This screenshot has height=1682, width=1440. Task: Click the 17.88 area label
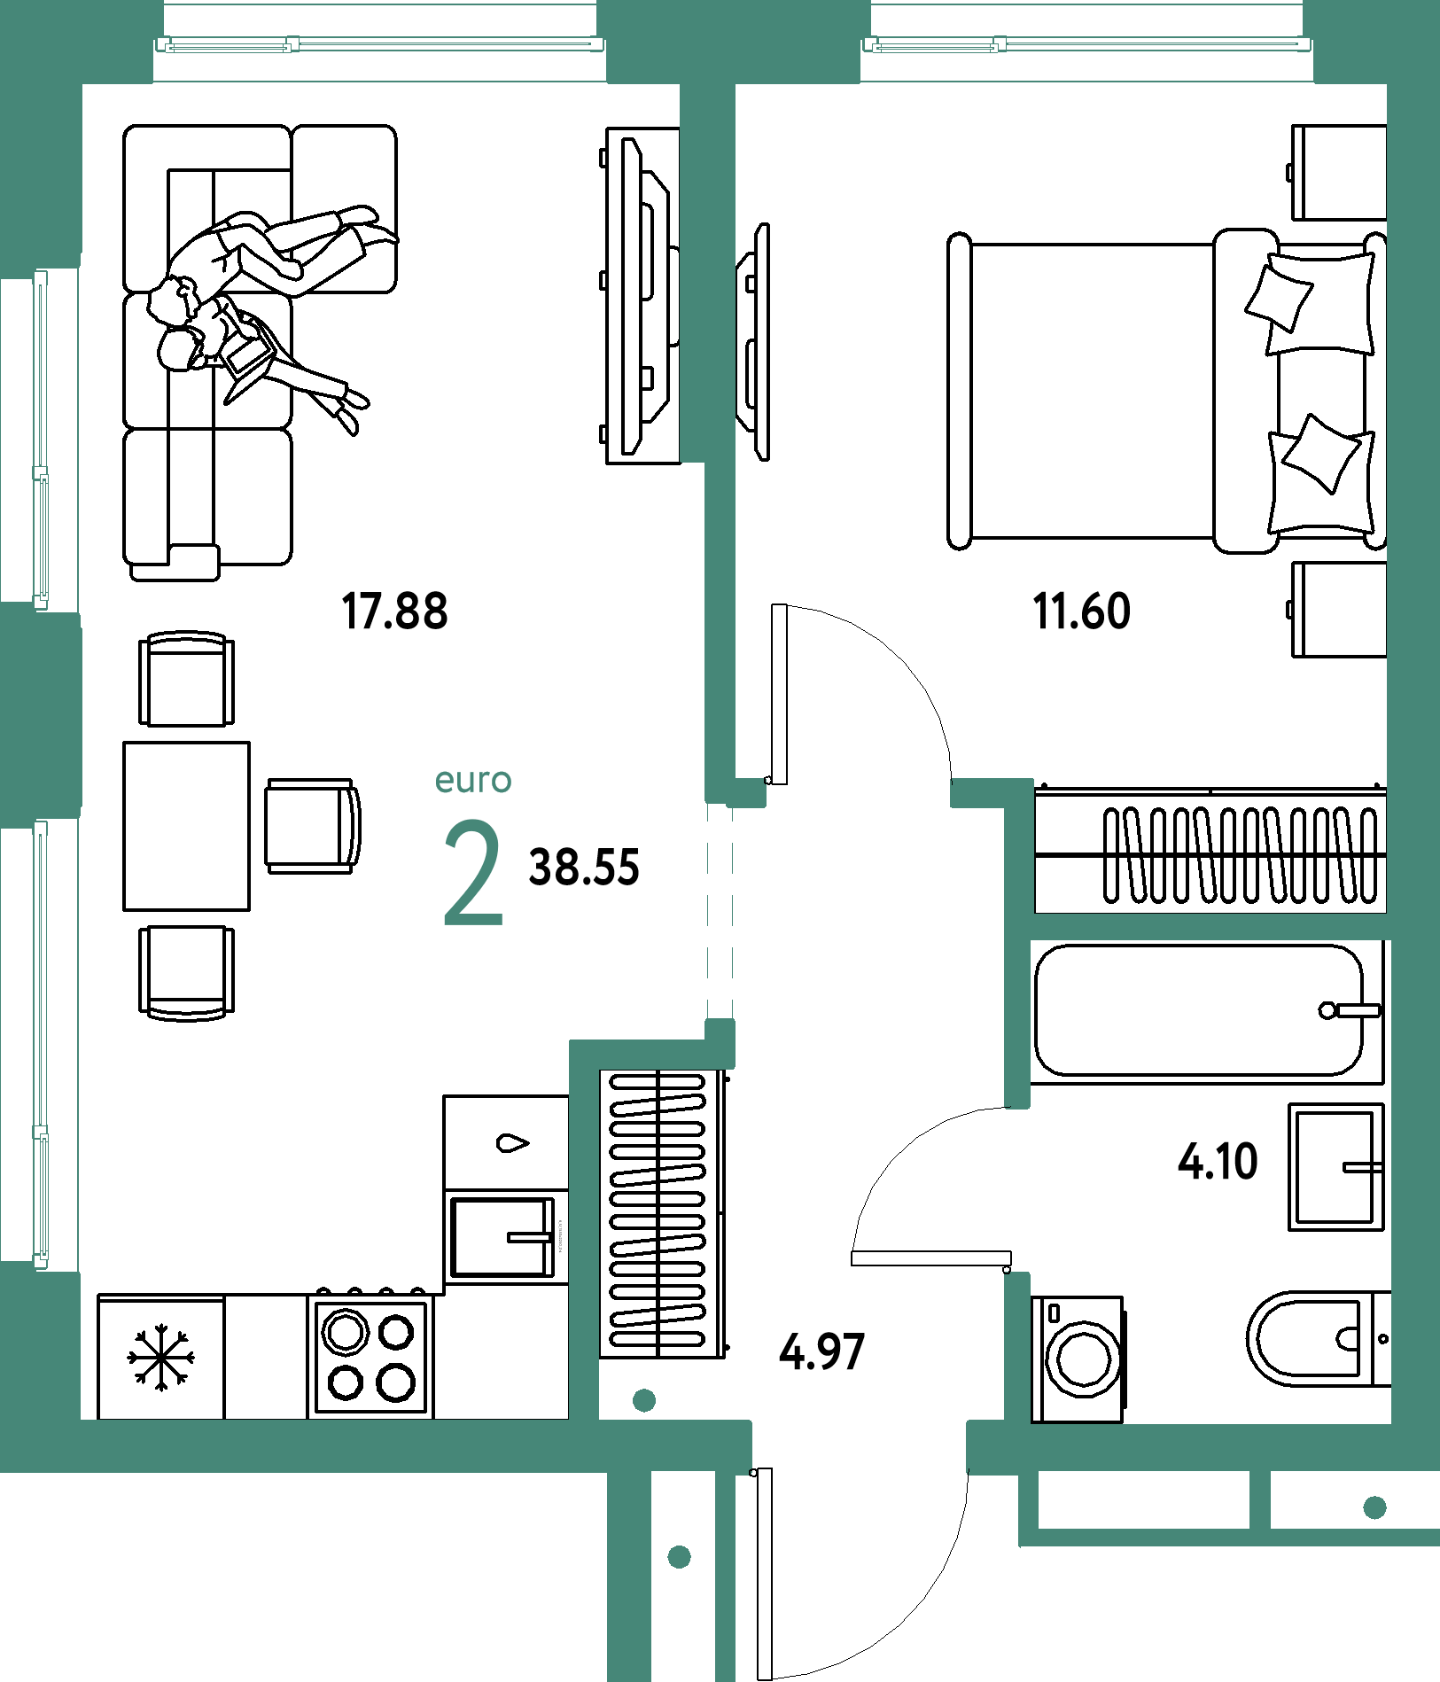tap(395, 611)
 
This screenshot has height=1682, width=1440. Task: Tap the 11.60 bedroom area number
tap(1082, 611)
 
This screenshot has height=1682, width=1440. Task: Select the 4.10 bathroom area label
tap(1218, 1162)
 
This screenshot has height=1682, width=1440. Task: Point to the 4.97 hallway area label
tap(821, 1352)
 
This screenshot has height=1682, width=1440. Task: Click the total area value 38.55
tap(584, 868)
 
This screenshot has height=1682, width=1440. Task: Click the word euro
tap(473, 781)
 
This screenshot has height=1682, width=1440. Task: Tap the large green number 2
tap(473, 874)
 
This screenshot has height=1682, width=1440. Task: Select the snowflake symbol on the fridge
tap(160, 1357)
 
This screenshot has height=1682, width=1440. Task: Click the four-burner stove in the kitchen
tap(370, 1356)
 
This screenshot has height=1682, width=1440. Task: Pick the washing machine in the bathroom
tap(1078, 1359)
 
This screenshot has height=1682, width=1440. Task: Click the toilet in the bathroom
tap(1319, 1339)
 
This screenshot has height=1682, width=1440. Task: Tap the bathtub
tap(1206, 1011)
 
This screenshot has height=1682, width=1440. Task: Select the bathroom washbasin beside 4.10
tap(1335, 1166)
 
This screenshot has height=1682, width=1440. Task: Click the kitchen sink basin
tap(502, 1238)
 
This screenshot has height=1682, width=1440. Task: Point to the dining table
tap(186, 826)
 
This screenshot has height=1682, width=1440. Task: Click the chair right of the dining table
tap(313, 826)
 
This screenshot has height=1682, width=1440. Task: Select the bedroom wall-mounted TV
tap(752, 342)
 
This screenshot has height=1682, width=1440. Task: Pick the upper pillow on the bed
tap(1279, 299)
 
